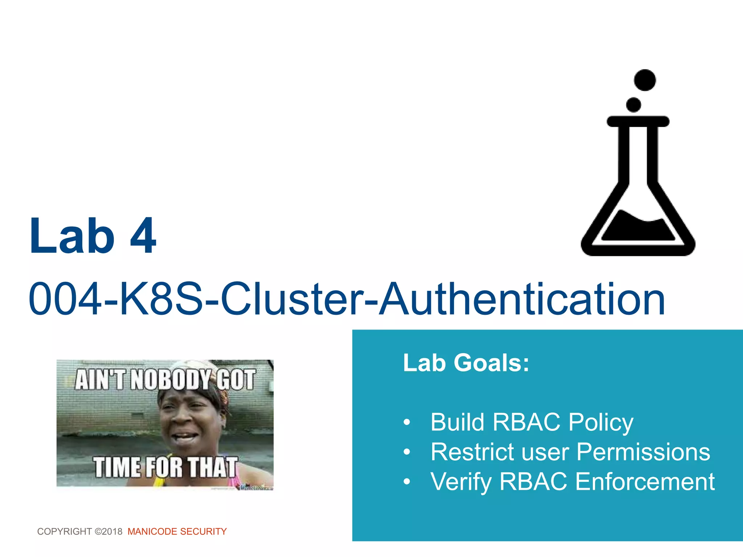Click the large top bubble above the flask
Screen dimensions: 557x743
click(x=645, y=80)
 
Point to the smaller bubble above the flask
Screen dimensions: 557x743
click(x=633, y=105)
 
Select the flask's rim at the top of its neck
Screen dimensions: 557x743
click(x=638, y=121)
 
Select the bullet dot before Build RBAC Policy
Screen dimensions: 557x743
click(x=407, y=422)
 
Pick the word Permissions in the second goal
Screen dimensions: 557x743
click(x=643, y=452)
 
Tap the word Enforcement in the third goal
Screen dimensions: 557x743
click(x=645, y=482)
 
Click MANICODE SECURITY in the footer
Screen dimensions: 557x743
click(x=177, y=532)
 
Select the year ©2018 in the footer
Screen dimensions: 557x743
click(x=108, y=532)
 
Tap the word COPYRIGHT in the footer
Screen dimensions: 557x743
click(x=65, y=532)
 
